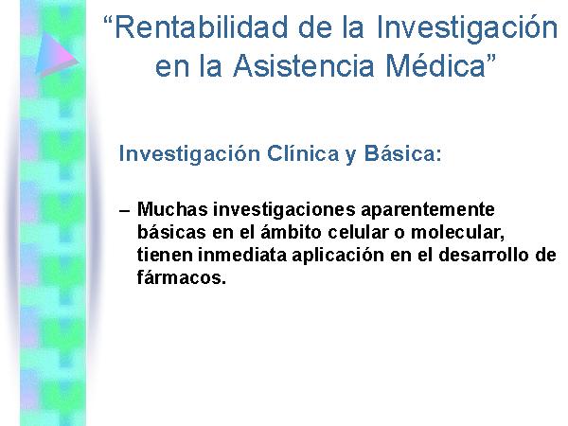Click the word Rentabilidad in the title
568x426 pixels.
click(201, 27)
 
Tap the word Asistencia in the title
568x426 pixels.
click(304, 65)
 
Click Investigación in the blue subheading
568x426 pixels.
click(189, 154)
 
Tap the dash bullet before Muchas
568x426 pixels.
click(124, 211)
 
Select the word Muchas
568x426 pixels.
click(172, 209)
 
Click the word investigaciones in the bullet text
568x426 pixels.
click(284, 210)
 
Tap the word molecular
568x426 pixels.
click(457, 233)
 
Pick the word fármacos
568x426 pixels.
click(182, 277)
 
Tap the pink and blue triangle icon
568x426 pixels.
click(56, 54)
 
